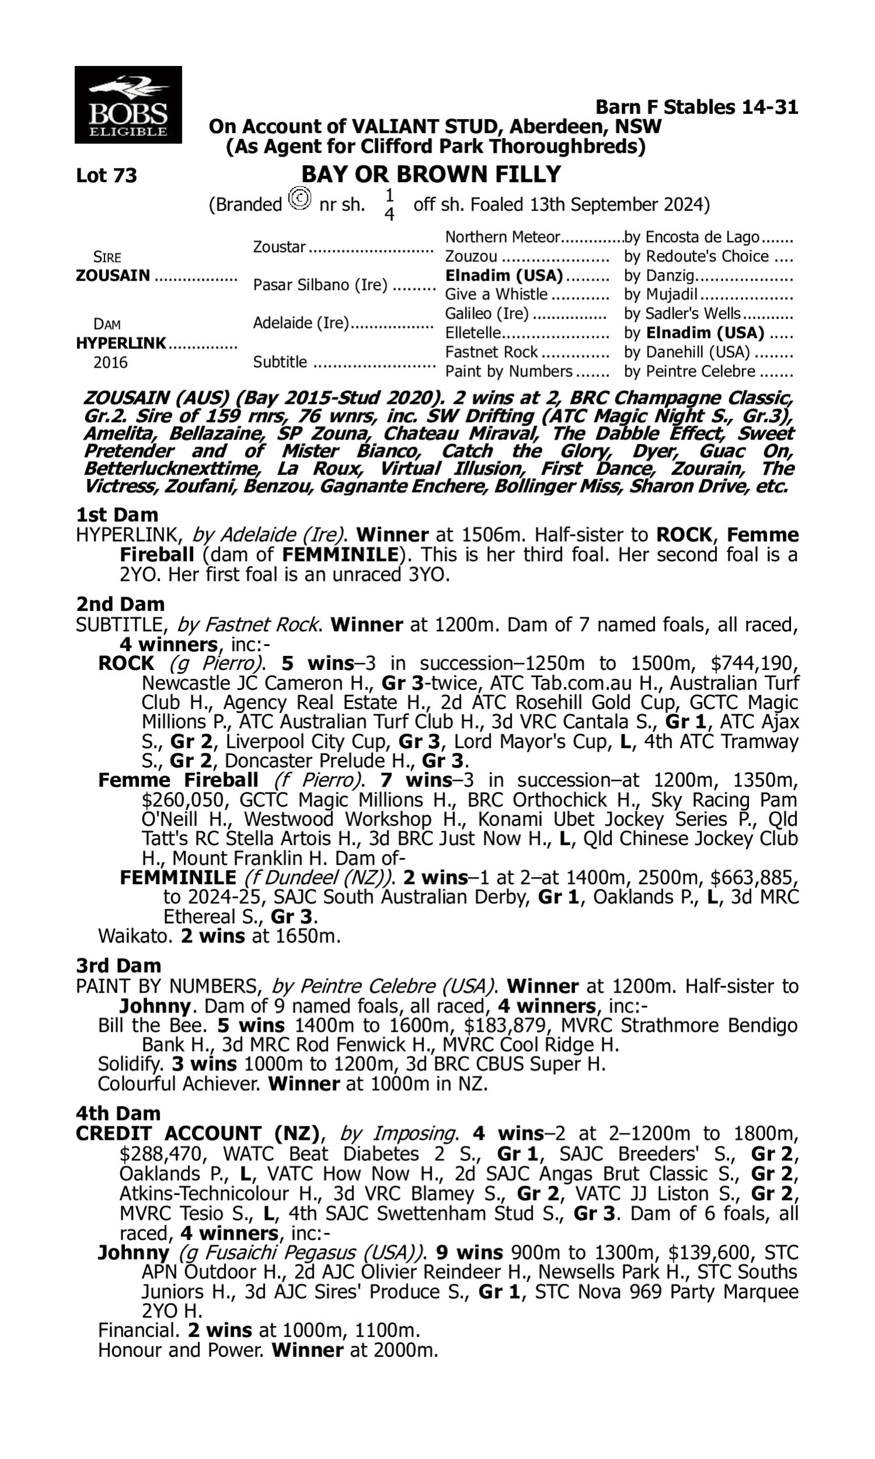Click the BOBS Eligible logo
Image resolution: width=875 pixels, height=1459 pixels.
click(x=128, y=105)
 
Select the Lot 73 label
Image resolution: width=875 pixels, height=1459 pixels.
click(x=106, y=176)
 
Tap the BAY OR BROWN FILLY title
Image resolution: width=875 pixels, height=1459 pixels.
click(x=431, y=174)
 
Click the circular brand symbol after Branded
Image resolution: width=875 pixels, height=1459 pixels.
click(x=299, y=198)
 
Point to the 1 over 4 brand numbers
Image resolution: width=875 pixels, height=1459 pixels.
click(x=389, y=205)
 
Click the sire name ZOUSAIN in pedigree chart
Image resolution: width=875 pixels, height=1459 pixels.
click(x=113, y=276)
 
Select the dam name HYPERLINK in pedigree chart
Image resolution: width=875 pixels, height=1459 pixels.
click(x=121, y=343)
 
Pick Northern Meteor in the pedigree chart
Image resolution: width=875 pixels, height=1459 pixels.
click(x=502, y=237)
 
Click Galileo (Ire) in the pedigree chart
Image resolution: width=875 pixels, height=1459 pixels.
click(x=487, y=314)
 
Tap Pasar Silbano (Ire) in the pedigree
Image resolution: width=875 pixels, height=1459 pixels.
click(x=320, y=285)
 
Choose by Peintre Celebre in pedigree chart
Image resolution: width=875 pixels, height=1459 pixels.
click(x=689, y=372)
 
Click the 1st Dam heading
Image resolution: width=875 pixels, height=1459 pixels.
click(x=117, y=515)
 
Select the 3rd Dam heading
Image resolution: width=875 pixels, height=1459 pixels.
click(x=118, y=966)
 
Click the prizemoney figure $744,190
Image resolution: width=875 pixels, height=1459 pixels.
click(x=754, y=664)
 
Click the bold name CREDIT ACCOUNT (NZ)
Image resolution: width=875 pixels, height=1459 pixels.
click(x=198, y=1133)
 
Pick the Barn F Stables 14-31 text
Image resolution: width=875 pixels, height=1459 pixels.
click(x=696, y=107)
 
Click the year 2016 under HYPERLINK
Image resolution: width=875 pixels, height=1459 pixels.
click(x=110, y=362)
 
